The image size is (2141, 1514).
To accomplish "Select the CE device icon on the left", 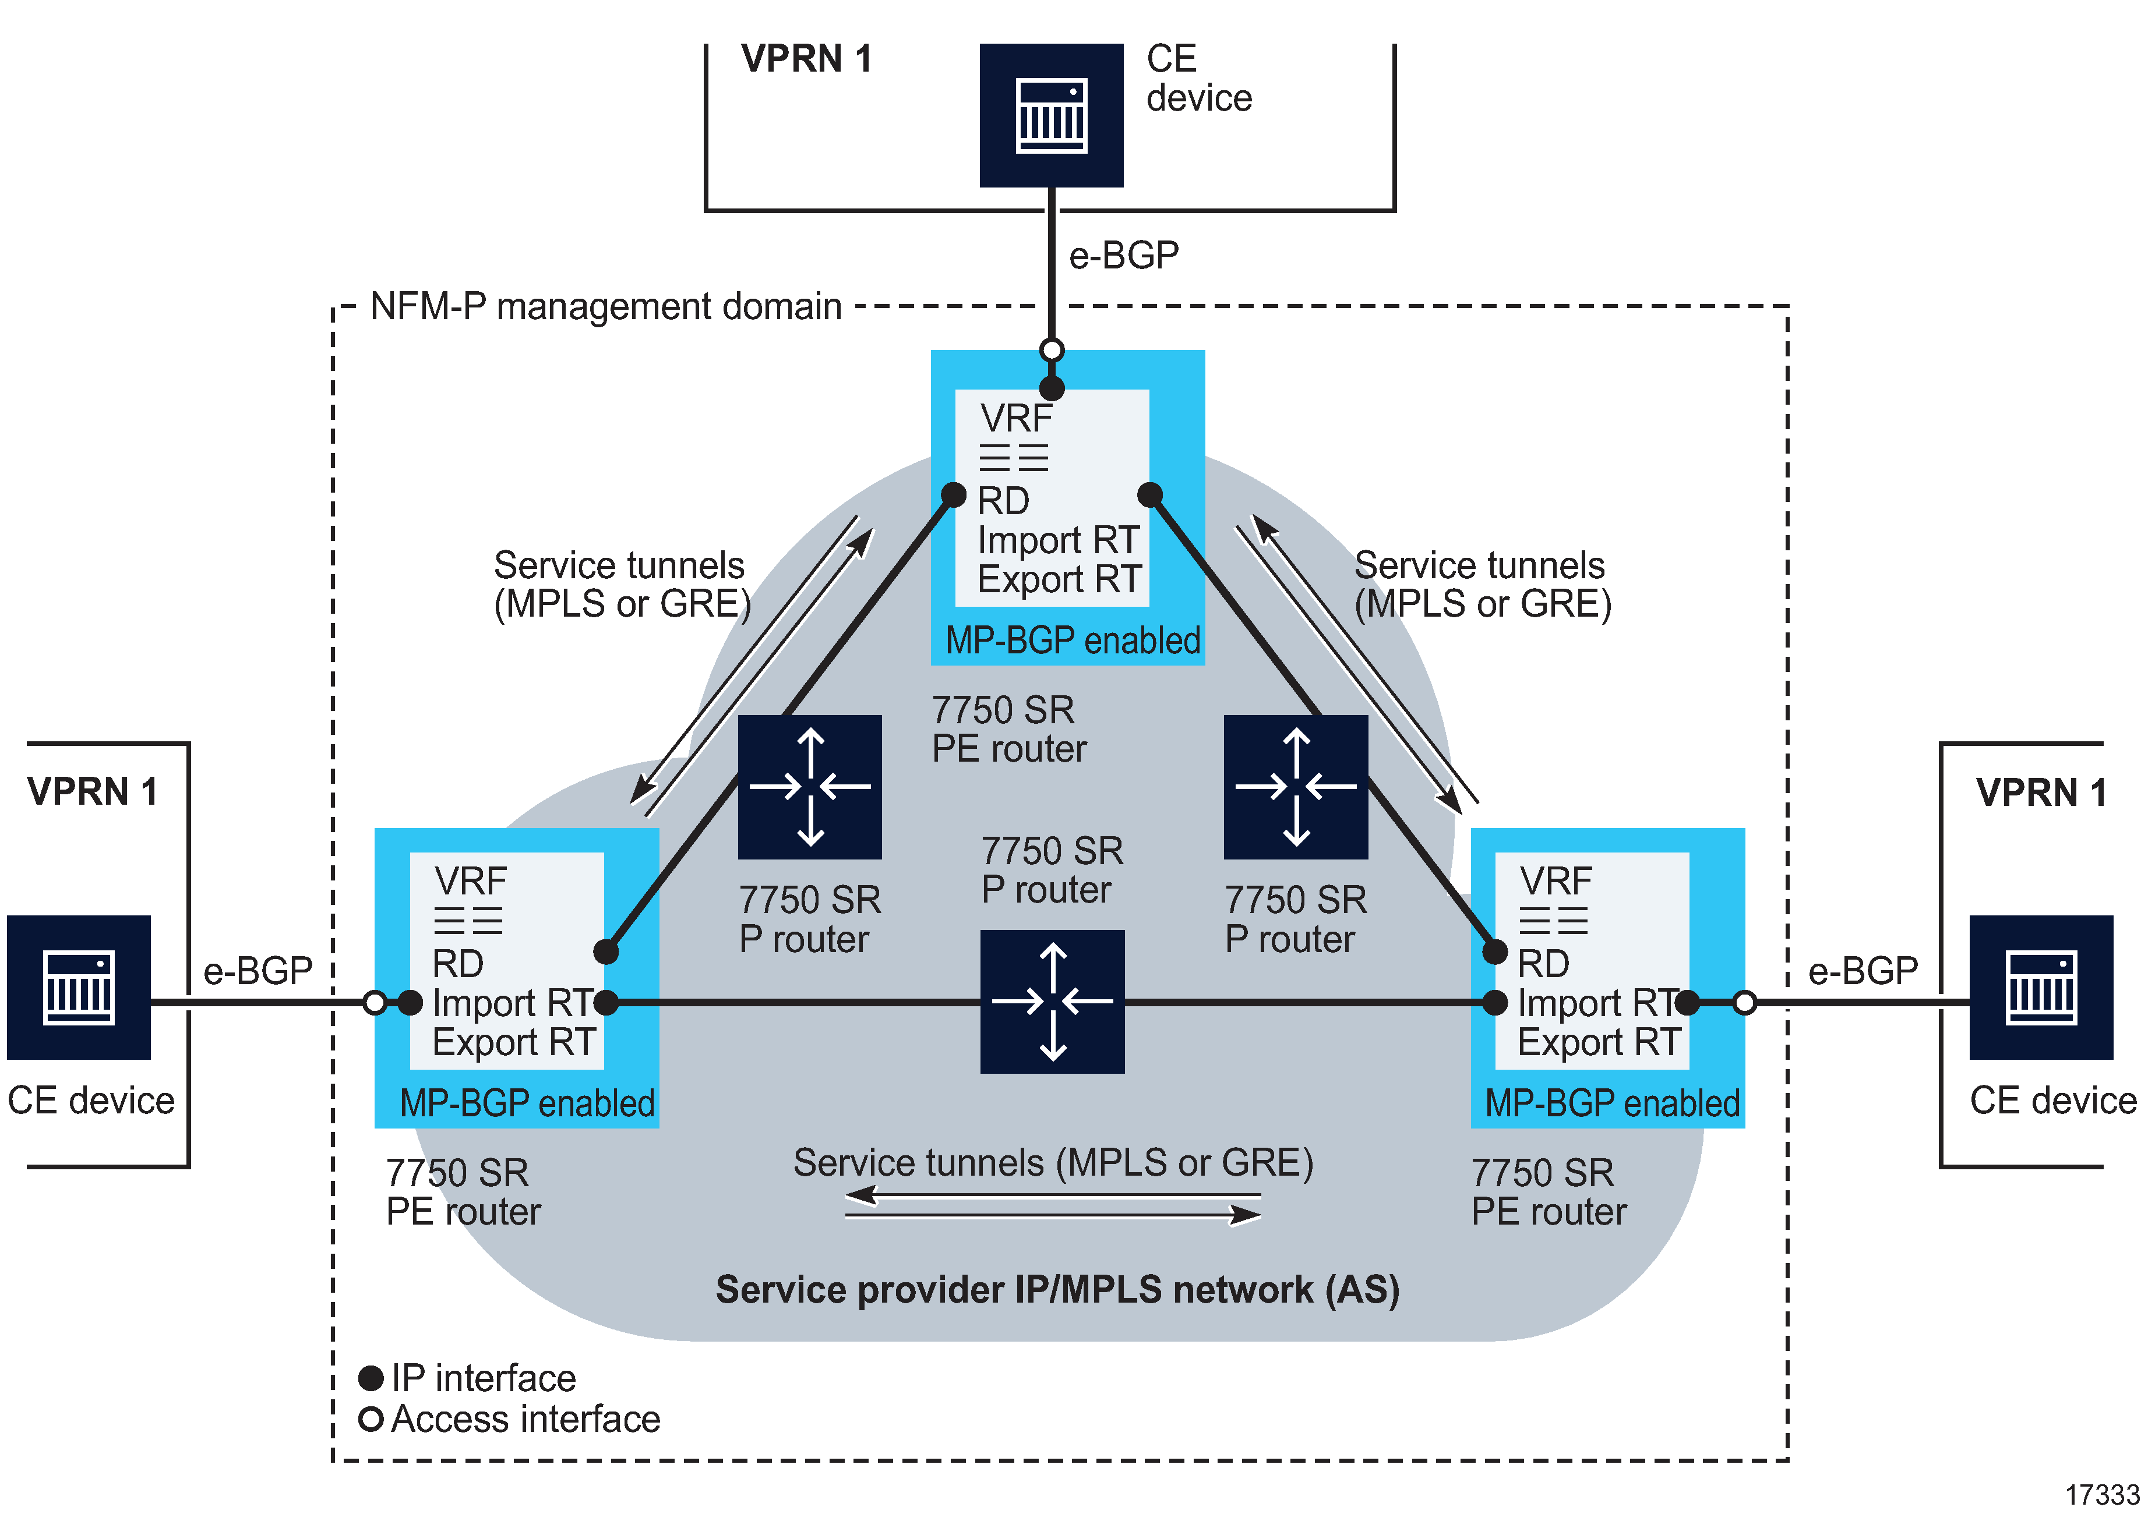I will click(79, 986).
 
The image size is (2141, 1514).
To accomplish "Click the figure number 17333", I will click(2102, 1494).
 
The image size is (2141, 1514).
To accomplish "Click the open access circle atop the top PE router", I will click(1052, 351).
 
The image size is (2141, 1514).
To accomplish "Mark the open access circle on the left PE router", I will click(375, 1003).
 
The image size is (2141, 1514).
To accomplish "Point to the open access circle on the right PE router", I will click(1745, 1003).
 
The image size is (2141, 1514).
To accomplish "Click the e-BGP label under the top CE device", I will click(1124, 254).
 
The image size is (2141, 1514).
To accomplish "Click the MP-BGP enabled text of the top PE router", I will click(1073, 641).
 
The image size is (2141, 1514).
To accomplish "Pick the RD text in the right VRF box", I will click(1543, 963).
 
